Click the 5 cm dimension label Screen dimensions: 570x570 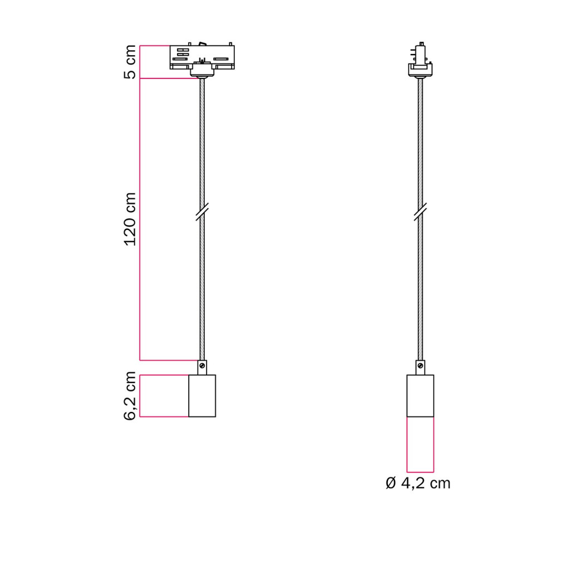pyautogui.click(x=130, y=62)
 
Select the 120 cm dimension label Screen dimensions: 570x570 pyautogui.click(x=130, y=219)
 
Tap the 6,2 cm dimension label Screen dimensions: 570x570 pyautogui.click(x=130, y=396)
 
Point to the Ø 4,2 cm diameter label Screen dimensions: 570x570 pyautogui.click(x=418, y=483)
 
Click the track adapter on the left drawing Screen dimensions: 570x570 pyautogui.click(x=202, y=60)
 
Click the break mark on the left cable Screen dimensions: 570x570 pyautogui.click(x=202, y=212)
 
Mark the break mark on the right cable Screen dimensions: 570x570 pyautogui.click(x=420, y=212)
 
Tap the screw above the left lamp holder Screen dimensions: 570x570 pyautogui.click(x=202, y=366)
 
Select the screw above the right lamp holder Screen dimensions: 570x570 pyautogui.click(x=420, y=366)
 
